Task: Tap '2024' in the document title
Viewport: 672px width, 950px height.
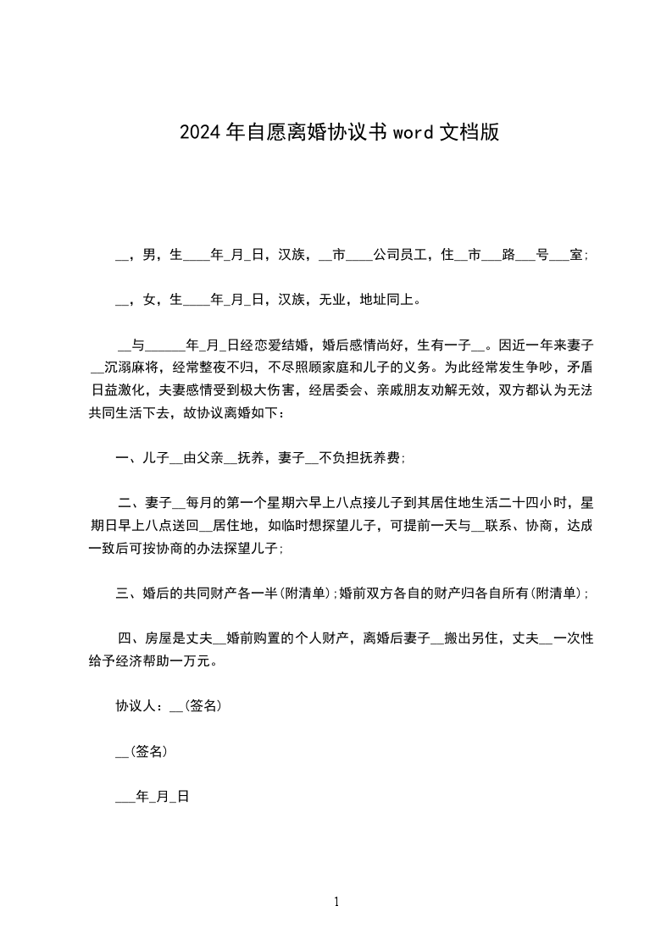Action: click(202, 132)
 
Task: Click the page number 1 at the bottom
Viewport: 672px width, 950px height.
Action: click(336, 902)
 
